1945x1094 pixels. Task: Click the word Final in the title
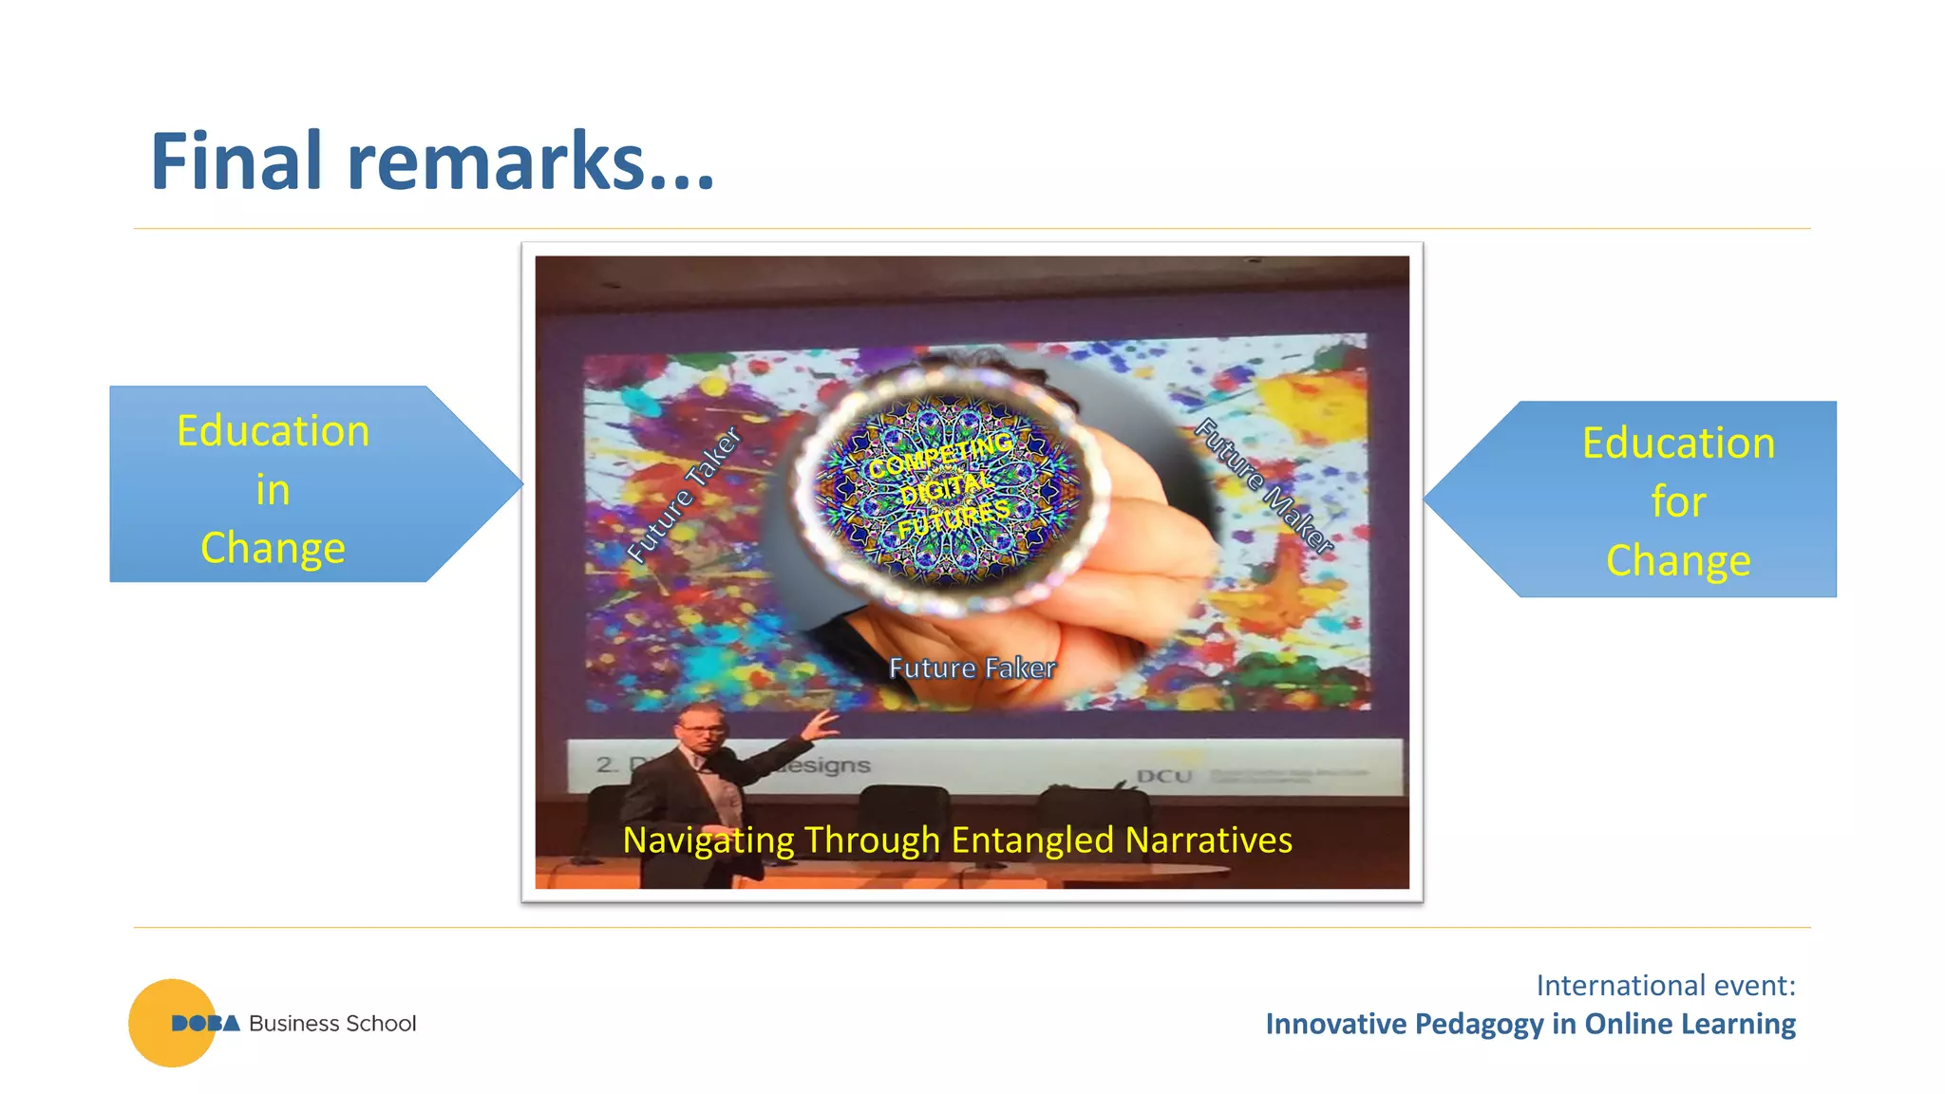point(237,161)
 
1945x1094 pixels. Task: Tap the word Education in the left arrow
point(273,431)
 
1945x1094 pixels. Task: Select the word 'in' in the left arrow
point(273,490)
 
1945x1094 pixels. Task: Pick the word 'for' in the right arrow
point(1678,501)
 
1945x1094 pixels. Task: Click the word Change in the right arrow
point(1678,560)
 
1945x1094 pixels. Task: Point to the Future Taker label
point(684,494)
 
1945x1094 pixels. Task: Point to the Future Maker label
point(1264,484)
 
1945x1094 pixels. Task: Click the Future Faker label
point(972,668)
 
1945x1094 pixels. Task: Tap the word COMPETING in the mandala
point(940,455)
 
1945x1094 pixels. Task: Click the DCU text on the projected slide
point(1163,776)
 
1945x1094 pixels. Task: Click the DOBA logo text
point(205,1024)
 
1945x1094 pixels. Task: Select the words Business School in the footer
point(332,1024)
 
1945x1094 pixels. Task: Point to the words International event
point(1665,986)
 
